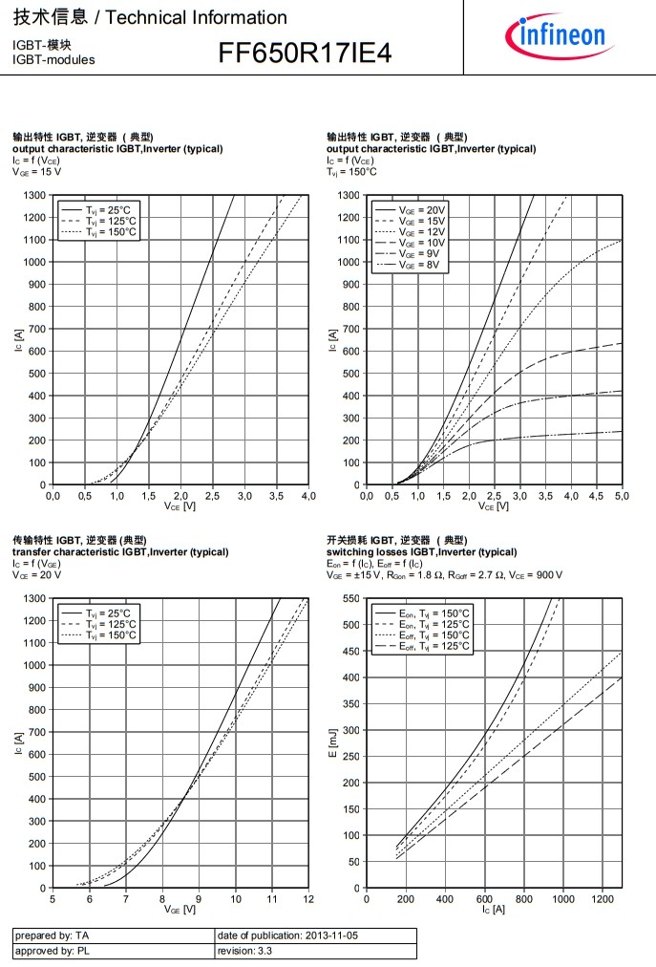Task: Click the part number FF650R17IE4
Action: tap(305, 54)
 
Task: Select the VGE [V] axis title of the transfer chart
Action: tap(180, 909)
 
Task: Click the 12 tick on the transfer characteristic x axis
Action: tap(308, 899)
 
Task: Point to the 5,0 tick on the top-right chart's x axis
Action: tap(622, 496)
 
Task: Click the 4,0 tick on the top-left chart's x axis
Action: tap(308, 496)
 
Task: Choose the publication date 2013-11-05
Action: tap(286, 935)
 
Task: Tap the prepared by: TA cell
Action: tap(53, 935)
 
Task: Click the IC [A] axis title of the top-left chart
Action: tap(19, 340)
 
